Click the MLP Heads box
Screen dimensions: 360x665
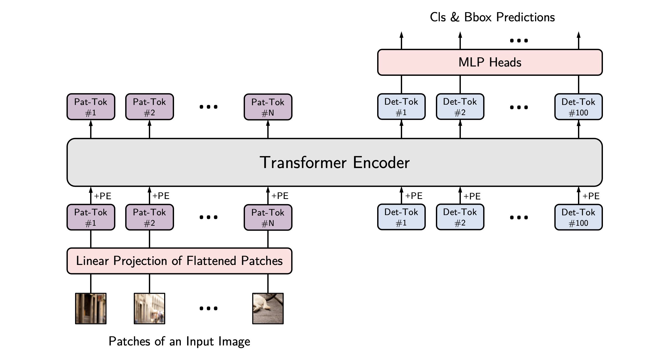[x=490, y=62]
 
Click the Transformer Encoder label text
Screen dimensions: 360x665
[x=335, y=163]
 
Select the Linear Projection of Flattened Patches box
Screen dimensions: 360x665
[x=179, y=261]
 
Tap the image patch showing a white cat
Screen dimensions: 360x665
[x=268, y=308]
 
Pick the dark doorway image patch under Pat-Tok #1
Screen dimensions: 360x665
[x=91, y=308]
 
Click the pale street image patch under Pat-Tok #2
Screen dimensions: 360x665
[x=149, y=308]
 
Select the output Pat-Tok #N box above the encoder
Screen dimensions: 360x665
[x=268, y=107]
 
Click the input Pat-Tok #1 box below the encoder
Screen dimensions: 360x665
[x=91, y=217]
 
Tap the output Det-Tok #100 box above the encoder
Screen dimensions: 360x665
[x=578, y=107]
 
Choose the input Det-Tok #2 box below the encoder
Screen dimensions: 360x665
[x=460, y=217]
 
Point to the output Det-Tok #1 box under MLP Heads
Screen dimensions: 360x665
[x=401, y=107]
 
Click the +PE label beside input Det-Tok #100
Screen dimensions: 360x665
[x=591, y=196]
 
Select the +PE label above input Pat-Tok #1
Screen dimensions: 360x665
[x=103, y=196]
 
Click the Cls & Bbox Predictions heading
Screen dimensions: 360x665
[x=492, y=17]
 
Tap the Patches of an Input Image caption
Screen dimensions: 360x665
[x=179, y=341]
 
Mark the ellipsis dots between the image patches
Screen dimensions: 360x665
[x=208, y=308]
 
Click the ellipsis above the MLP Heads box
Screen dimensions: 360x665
[x=519, y=41]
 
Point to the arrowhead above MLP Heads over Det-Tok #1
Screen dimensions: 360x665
[x=401, y=35]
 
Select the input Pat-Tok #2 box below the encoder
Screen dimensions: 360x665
[x=149, y=217]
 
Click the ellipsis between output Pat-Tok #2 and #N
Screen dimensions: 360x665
[x=208, y=107]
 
